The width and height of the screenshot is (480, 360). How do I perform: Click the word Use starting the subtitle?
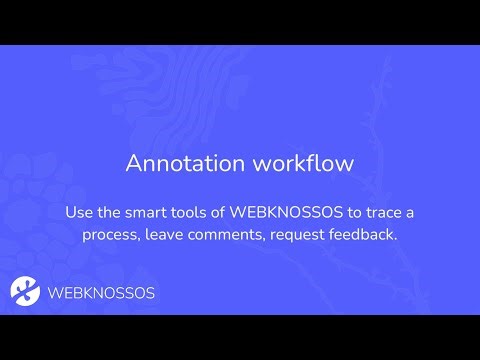pyautogui.click(x=80, y=213)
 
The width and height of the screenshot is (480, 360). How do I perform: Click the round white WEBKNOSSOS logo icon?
pyautogui.click(x=25, y=291)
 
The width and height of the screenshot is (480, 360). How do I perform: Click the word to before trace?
pyautogui.click(x=354, y=213)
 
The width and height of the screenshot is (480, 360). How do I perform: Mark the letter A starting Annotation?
pyautogui.click(x=133, y=164)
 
